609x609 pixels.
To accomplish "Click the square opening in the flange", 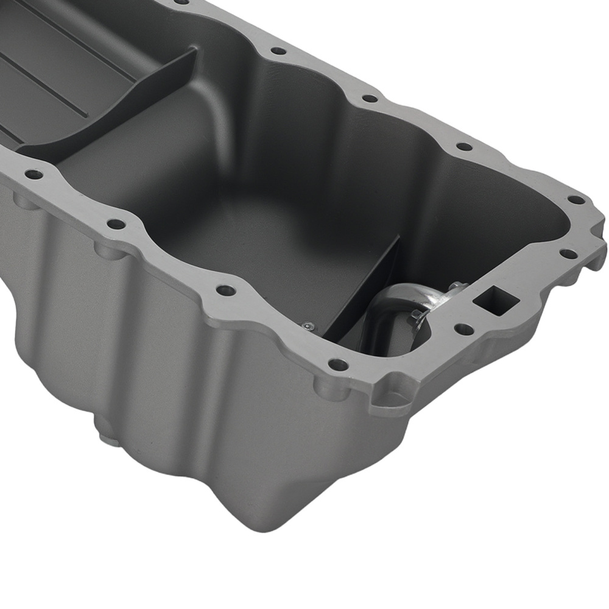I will point(495,301).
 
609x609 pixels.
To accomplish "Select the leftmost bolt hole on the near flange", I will point(34,174).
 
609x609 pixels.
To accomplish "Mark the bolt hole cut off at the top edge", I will point(181,2).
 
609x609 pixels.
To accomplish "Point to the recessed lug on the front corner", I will point(390,399).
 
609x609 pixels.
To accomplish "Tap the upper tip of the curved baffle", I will point(194,52).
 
